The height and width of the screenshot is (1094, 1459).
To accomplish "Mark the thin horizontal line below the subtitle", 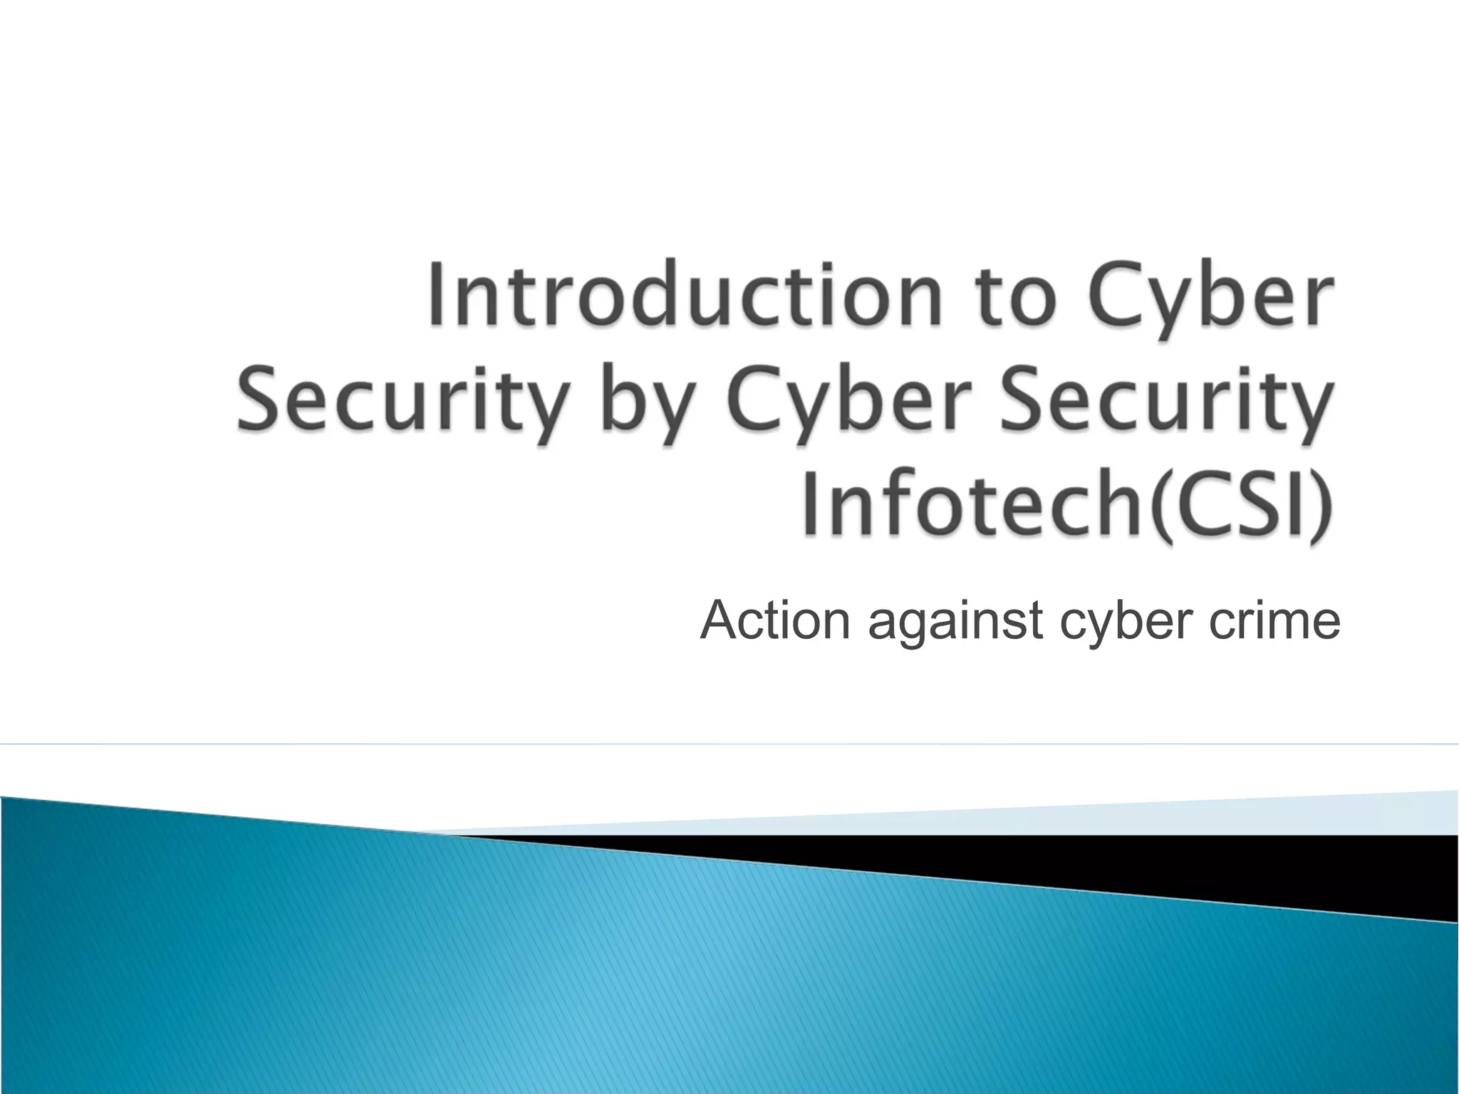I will click(x=729, y=744).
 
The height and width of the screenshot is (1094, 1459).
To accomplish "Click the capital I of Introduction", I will click(x=436, y=296).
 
